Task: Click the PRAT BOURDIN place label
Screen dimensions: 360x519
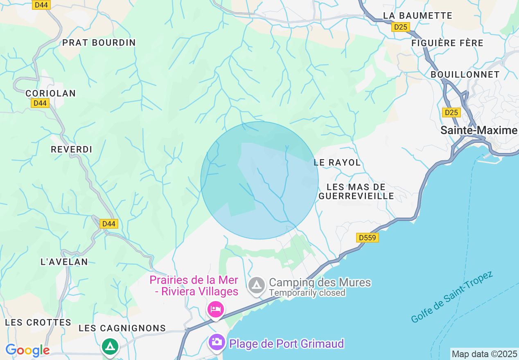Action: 99,43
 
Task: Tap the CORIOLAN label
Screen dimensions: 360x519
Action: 51,93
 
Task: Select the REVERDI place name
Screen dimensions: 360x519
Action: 72,149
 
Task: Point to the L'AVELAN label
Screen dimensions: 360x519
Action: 64,262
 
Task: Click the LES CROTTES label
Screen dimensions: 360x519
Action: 38,322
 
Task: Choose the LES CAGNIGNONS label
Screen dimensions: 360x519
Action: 122,328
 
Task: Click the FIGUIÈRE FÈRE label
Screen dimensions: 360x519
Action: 447,43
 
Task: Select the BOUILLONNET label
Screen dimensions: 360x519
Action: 465,74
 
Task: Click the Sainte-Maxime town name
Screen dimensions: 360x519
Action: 479,130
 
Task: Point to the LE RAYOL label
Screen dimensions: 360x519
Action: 337,162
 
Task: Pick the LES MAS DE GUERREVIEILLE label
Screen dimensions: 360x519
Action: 356,191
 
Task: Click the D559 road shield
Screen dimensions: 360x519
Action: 367,238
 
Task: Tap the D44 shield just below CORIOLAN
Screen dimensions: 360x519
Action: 40,103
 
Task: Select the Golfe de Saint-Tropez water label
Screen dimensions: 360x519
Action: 452,297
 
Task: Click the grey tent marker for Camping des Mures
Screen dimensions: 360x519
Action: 257,285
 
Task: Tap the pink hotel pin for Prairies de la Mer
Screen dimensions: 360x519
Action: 215,309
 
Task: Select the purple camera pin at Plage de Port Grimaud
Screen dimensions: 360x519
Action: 217,342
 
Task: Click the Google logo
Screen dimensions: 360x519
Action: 27,350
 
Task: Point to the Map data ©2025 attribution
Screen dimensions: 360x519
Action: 484,354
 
